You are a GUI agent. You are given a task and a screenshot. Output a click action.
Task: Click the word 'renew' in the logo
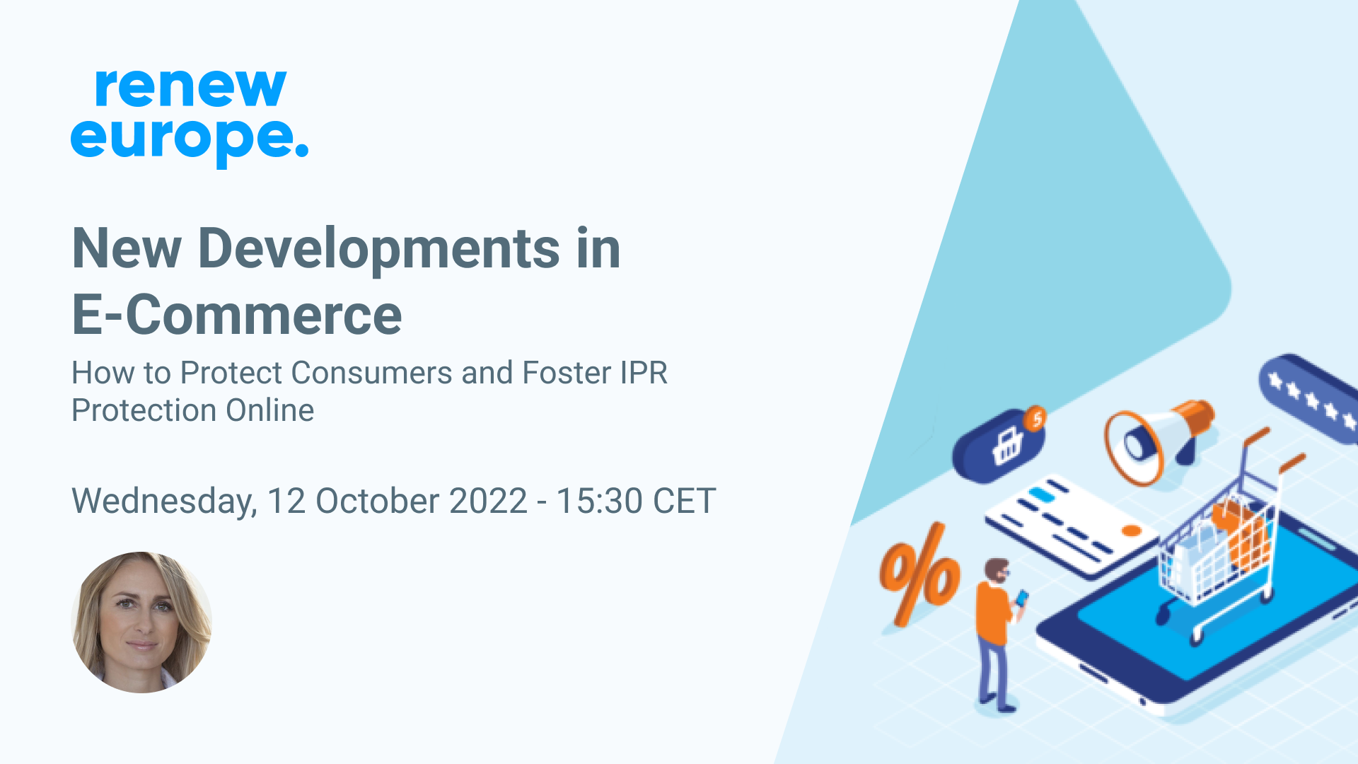[x=190, y=88]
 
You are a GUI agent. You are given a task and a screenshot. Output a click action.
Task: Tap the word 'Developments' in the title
[x=379, y=250]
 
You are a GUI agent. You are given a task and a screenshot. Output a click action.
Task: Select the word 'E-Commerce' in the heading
[x=237, y=315]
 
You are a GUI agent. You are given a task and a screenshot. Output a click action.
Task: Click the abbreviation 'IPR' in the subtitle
[x=644, y=373]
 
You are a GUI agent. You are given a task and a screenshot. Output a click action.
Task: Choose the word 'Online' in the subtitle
[x=269, y=410]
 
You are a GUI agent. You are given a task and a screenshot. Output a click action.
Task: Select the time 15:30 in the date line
[x=599, y=501]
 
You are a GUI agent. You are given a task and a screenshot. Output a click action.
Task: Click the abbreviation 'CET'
[x=684, y=501]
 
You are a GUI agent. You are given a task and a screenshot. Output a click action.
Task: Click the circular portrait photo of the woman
[x=141, y=622]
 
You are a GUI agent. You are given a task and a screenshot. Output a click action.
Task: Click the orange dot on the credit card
[x=1132, y=531]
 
